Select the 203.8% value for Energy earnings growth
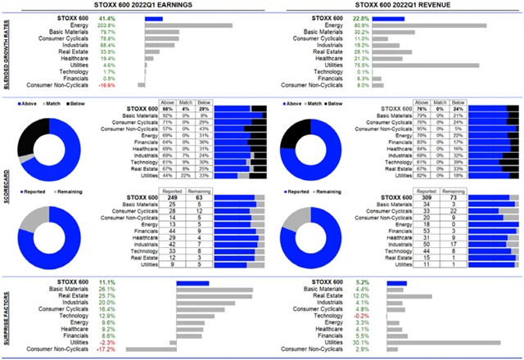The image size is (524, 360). coord(106,25)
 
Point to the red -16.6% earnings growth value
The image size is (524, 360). coord(106,84)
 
